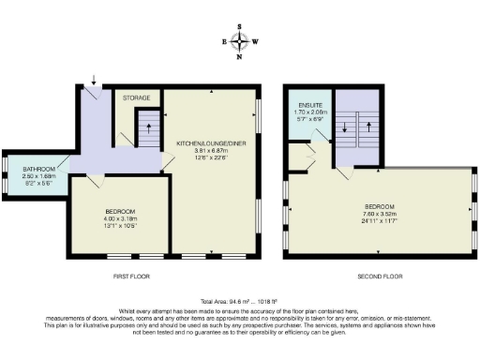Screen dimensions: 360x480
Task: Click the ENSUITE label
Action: click(x=312, y=103)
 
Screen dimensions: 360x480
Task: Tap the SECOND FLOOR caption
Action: click(x=381, y=277)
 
